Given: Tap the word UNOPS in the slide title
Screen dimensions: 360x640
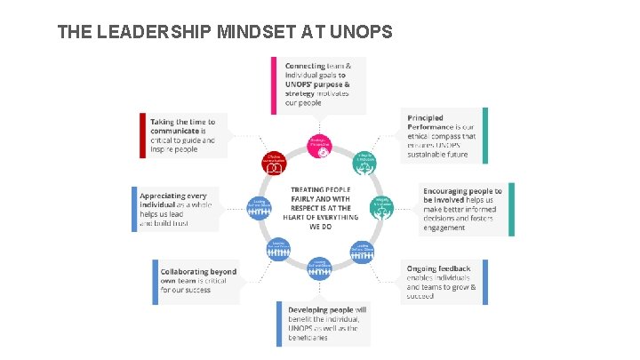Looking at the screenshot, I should click(361, 33).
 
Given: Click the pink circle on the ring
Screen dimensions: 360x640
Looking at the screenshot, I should click(321, 145).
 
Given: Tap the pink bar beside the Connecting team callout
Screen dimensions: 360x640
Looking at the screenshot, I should click(274, 86).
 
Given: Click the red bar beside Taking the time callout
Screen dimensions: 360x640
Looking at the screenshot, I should click(141, 135).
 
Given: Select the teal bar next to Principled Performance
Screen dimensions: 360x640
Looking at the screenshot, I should click(484, 135).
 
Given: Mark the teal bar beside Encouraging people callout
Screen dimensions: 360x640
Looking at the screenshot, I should click(510, 210).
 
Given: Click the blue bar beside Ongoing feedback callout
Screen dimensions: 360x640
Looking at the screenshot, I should click(484, 282).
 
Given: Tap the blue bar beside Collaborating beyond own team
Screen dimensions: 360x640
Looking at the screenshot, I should click(155, 282).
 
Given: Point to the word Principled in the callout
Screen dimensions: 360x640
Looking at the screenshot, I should click(425, 118).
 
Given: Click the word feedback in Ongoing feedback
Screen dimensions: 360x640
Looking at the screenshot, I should click(455, 268).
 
